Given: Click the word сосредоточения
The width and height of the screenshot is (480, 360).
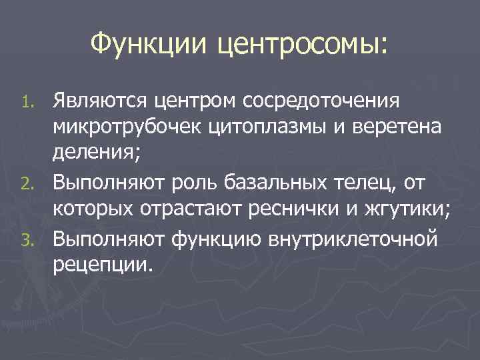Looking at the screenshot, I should click(321, 103).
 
